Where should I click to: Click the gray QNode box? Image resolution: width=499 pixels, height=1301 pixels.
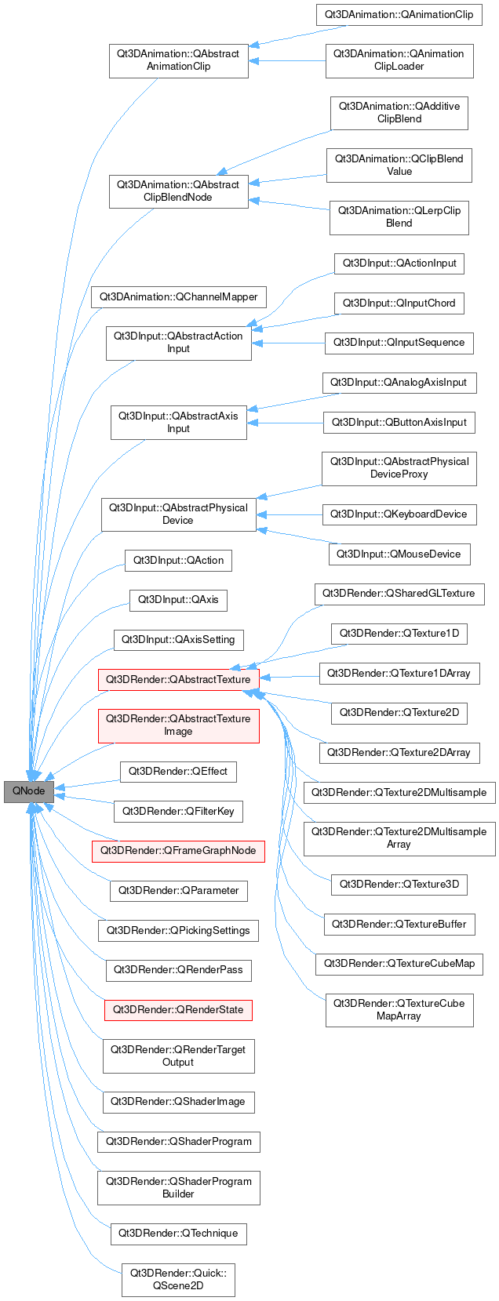(28, 791)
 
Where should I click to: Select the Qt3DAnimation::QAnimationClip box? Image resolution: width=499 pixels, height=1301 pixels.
(399, 15)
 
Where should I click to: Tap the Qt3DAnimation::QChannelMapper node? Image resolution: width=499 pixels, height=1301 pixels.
(179, 297)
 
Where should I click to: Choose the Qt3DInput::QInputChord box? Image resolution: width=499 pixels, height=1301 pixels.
(399, 303)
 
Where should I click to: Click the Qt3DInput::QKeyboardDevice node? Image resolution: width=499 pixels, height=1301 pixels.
(399, 514)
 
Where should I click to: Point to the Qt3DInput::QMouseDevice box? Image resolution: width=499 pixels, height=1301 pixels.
(399, 554)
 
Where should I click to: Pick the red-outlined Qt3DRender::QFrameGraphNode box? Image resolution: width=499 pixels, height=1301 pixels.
(178, 851)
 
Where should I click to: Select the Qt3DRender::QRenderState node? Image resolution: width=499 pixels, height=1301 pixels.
(178, 1009)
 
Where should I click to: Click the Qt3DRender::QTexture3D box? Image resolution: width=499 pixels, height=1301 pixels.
(399, 885)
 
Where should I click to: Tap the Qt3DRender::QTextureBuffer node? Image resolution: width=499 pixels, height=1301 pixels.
(399, 925)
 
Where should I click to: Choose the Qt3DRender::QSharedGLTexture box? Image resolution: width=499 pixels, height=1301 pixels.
(399, 594)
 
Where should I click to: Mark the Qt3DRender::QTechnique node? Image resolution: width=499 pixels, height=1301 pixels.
(178, 1234)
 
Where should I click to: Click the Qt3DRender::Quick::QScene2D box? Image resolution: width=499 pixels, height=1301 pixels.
(178, 1279)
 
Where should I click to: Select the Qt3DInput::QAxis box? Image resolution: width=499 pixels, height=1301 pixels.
(178, 600)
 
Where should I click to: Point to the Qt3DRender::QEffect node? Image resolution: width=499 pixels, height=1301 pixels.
(178, 772)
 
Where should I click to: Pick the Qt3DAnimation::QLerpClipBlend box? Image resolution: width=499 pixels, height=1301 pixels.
(399, 217)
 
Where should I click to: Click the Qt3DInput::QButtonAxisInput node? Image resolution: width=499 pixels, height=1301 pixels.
(399, 423)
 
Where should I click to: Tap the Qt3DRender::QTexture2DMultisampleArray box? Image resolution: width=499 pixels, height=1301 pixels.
(399, 838)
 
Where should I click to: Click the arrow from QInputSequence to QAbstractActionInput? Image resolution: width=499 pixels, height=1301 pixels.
(289, 343)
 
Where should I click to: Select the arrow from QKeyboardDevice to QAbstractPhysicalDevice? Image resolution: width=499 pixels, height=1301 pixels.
(290, 514)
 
